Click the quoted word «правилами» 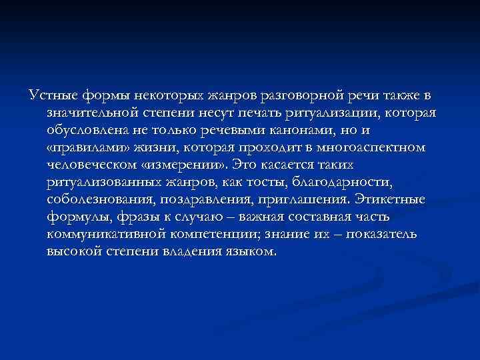pyautogui.click(x=87, y=147)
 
